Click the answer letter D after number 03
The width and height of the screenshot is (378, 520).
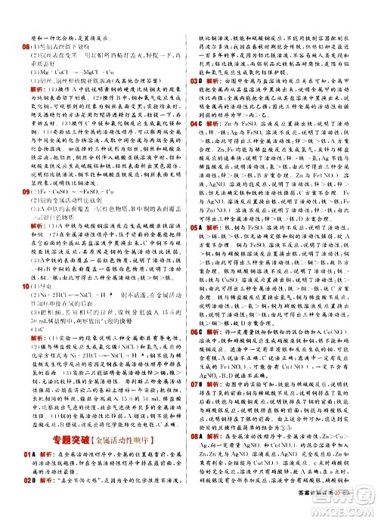pos(205,79)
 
